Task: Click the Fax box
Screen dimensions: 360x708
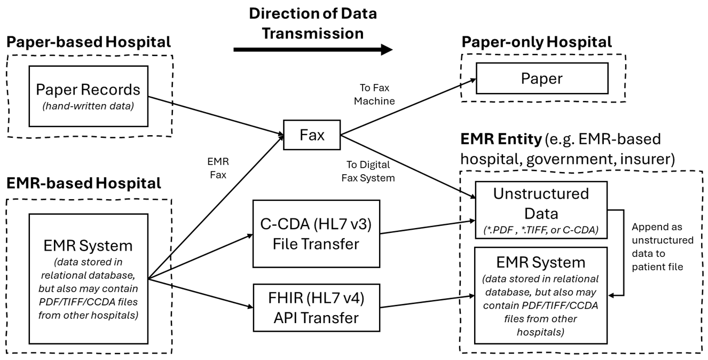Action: point(312,135)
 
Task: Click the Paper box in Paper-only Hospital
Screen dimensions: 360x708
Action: point(541,79)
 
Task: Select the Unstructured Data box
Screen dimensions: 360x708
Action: point(541,208)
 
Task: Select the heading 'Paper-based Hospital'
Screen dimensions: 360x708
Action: point(89,42)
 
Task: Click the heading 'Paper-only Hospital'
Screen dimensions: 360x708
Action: point(537,42)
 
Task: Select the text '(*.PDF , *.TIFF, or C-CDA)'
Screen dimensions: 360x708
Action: point(541,229)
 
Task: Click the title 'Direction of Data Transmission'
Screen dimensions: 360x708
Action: point(312,22)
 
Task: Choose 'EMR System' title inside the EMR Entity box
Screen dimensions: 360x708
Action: point(541,263)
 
